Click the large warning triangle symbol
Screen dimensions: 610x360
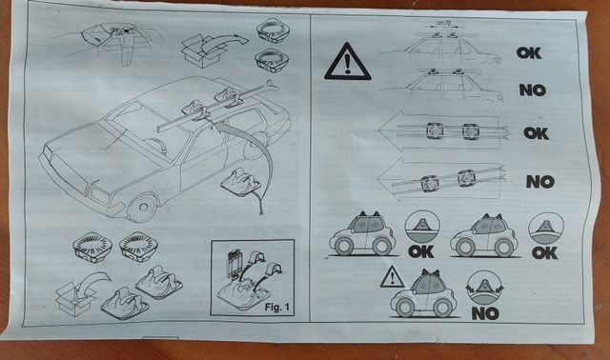coord(347,62)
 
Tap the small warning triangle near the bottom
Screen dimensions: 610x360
coord(392,277)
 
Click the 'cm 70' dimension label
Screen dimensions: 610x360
coord(443,23)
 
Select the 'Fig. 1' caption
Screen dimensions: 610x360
coord(277,307)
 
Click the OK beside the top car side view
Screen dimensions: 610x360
coord(529,53)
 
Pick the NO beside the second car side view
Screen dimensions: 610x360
coord(533,90)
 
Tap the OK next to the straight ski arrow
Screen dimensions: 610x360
coord(536,133)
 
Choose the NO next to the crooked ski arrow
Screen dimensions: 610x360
coord(540,182)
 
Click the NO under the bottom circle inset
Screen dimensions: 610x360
coord(485,313)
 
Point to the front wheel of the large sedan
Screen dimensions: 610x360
coord(142,208)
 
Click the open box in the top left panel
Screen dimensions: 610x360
coord(202,50)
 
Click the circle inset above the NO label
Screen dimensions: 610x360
coord(484,288)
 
